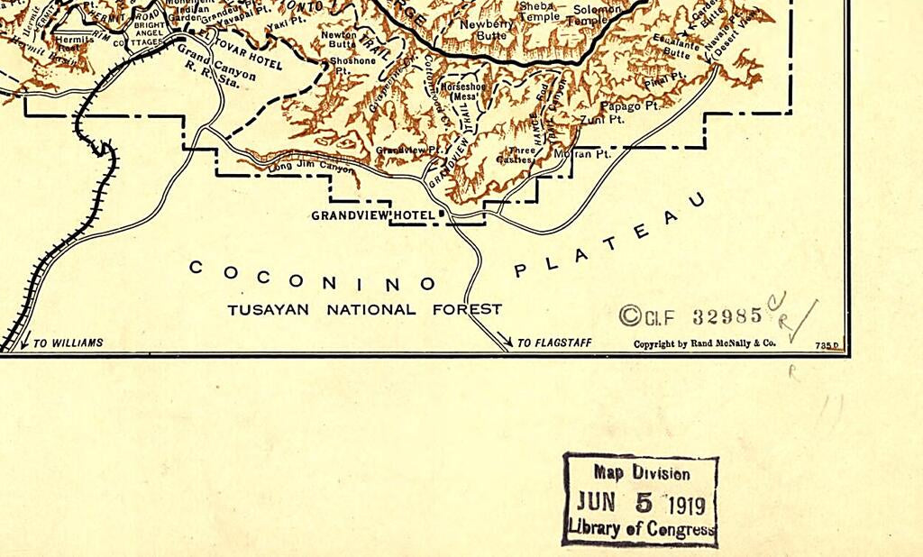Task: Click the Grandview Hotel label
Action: (373, 215)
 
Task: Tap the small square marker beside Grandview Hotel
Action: (442, 214)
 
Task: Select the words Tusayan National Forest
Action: (364, 309)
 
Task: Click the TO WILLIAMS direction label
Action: (68, 342)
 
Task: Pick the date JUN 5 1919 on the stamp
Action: (641, 502)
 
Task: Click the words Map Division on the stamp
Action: (642, 473)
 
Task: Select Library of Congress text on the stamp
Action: (642, 529)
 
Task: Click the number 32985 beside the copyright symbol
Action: (727, 316)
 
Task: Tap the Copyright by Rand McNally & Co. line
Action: (704, 343)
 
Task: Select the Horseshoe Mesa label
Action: (463, 90)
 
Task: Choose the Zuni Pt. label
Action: (602, 119)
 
